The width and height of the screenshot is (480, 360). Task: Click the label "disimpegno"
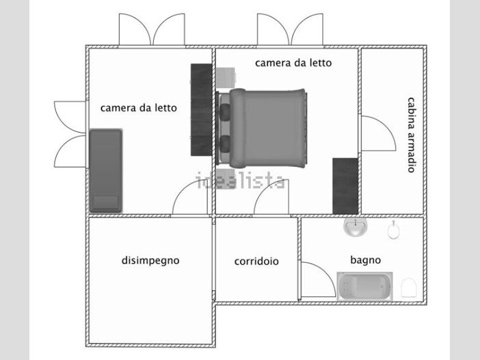(x=150, y=261)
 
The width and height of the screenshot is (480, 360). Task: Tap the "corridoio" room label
(x=256, y=261)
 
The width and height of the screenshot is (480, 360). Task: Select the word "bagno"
(x=366, y=260)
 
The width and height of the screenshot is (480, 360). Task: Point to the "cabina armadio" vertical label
(x=411, y=135)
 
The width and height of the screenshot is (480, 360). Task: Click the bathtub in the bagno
(x=364, y=286)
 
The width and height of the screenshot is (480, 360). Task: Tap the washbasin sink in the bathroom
(x=355, y=227)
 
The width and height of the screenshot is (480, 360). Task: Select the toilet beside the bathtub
(x=409, y=287)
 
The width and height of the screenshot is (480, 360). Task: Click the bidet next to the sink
(x=392, y=229)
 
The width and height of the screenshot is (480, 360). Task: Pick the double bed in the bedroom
(x=261, y=129)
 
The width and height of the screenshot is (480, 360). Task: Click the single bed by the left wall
(x=106, y=171)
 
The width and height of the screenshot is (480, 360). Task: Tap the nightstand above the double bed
(x=226, y=77)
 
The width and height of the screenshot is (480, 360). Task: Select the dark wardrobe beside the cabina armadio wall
(x=345, y=186)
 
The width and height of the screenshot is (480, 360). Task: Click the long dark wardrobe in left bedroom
(x=202, y=110)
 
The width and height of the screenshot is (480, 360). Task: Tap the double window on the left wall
(x=70, y=134)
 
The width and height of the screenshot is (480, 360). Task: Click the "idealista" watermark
(x=241, y=181)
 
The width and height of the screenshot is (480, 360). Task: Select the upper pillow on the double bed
(x=226, y=112)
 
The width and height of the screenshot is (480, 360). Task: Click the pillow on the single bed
(x=105, y=202)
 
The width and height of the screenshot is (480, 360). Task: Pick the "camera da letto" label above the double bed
(x=293, y=63)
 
